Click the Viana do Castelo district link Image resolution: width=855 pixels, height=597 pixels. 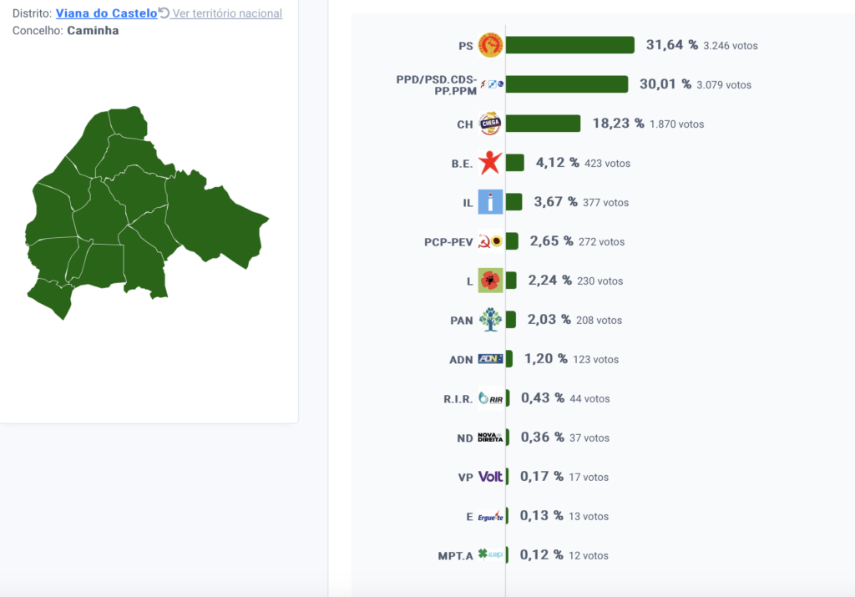(x=106, y=13)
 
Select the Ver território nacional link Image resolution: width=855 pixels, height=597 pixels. (x=220, y=13)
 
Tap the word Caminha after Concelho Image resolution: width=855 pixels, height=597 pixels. (x=93, y=31)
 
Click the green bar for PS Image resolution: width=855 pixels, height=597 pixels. (x=569, y=45)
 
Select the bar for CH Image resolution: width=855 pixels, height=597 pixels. (x=543, y=124)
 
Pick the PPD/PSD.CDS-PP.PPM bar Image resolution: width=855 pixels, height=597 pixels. (x=567, y=84)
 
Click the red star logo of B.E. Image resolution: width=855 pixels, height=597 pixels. (x=490, y=163)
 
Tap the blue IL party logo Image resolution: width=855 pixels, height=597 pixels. (x=490, y=202)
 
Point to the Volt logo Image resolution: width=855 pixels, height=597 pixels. (x=490, y=477)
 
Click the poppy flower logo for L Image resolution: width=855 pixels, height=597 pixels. (x=490, y=281)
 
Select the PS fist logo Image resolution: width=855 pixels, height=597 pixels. (x=490, y=45)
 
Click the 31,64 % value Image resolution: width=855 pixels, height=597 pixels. (x=672, y=45)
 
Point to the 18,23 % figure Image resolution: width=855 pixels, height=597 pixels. (x=619, y=124)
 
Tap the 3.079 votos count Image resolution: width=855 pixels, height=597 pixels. (x=724, y=85)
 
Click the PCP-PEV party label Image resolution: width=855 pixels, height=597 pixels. (x=448, y=242)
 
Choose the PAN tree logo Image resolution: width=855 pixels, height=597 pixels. (x=490, y=320)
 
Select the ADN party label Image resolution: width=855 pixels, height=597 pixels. (x=461, y=360)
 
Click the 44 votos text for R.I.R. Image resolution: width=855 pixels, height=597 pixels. (x=589, y=399)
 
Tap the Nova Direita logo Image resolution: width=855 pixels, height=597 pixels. (x=490, y=438)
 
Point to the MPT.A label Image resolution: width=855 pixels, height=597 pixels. (x=455, y=556)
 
